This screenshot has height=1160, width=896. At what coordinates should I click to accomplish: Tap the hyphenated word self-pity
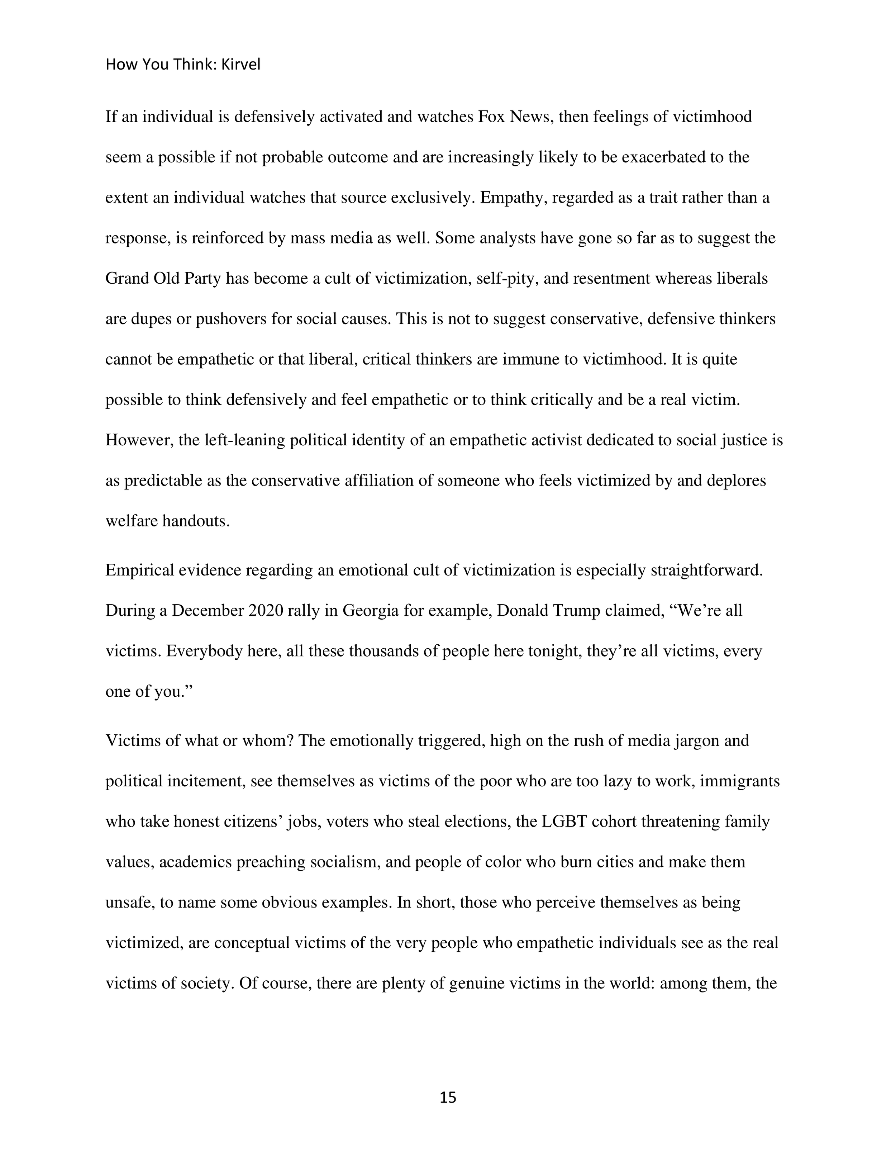(507, 278)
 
